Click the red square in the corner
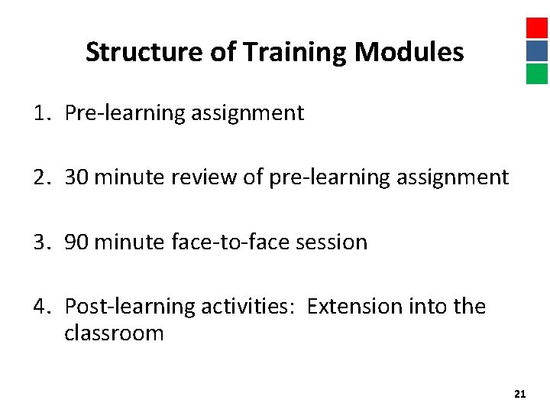537,28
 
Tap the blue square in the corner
537,50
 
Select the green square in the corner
537,73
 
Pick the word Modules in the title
409,52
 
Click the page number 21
520,394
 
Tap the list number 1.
40,113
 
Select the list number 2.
40,177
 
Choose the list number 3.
40,242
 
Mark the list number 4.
40,307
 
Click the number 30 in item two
76,177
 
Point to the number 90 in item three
76,242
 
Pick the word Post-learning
129,307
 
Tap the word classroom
114,333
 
